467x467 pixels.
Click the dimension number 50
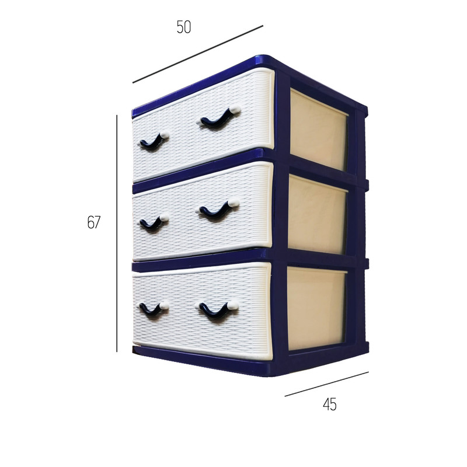tap(183, 27)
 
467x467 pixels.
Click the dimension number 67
tap(94, 222)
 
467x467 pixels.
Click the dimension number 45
tap(330, 405)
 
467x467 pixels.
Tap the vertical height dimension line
tap(117, 233)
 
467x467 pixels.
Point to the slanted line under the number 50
tap(198, 54)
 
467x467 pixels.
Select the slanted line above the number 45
tap(327, 384)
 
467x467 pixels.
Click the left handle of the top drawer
tap(154, 141)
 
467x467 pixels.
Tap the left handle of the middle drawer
tap(154, 223)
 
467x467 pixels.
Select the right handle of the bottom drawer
tap(219, 309)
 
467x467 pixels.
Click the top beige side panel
tap(319, 130)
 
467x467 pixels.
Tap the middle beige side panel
tap(318, 214)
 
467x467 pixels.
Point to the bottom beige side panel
tap(316, 309)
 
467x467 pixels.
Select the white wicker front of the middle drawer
tap(203, 211)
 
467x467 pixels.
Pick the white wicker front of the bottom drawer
tap(202, 311)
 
